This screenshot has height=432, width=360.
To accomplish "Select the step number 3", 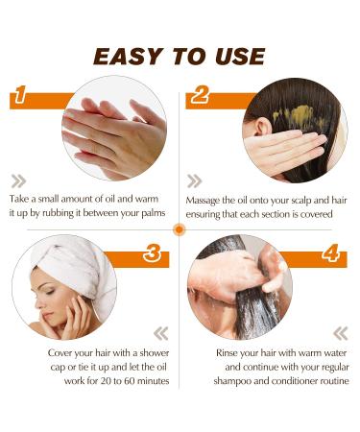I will pyautogui.click(x=151, y=254).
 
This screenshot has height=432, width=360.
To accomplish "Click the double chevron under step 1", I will pyautogui.click(x=18, y=180).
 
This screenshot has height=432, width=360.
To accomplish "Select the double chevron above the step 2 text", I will pyautogui.click(x=195, y=180).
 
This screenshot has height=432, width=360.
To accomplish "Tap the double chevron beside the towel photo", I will pyautogui.click(x=160, y=333).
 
